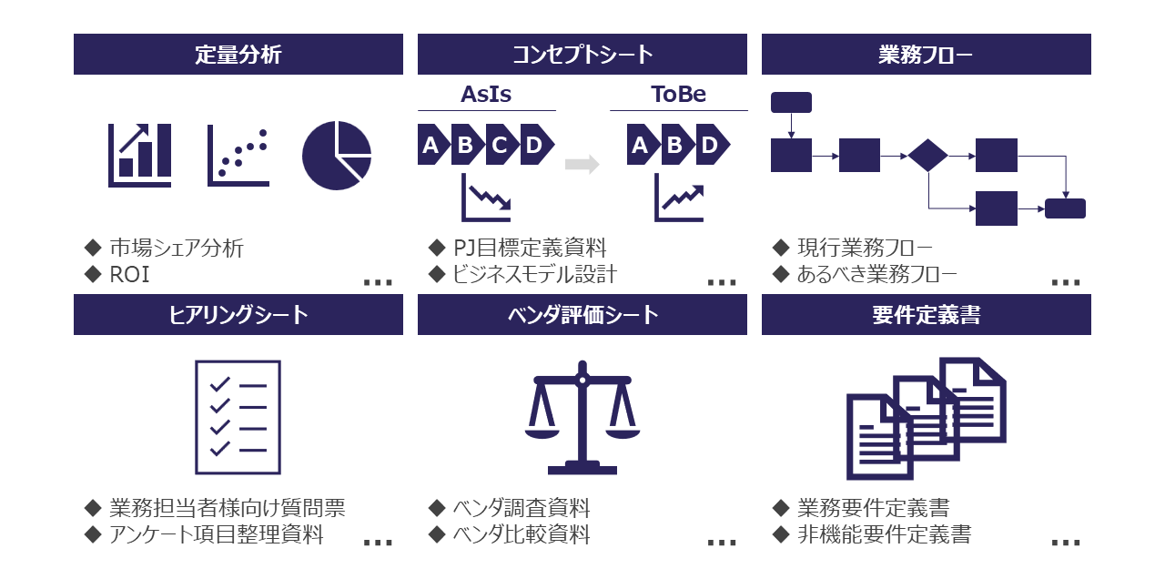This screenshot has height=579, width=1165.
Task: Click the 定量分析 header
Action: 238,55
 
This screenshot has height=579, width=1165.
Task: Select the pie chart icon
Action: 337,156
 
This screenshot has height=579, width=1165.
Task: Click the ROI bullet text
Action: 129,275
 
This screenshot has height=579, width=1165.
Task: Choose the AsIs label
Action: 486,95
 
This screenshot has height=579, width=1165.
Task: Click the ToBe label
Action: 678,95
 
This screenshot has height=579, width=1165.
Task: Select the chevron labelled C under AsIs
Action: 500,145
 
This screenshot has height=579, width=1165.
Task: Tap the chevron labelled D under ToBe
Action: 710,145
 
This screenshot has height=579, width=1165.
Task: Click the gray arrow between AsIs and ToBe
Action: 582,165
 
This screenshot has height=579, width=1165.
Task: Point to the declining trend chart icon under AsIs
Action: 486,198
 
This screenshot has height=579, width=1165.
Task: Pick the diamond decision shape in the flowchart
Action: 927,155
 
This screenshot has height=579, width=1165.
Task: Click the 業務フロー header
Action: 926,55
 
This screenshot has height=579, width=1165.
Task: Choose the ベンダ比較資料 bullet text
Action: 522,534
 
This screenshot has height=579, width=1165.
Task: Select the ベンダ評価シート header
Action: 582,315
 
